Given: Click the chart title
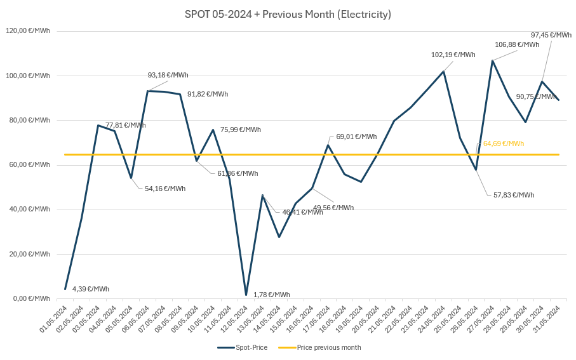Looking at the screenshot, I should [x=288, y=14].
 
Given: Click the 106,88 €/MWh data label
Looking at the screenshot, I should [x=517, y=45].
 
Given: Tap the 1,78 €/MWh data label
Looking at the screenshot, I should [x=271, y=295].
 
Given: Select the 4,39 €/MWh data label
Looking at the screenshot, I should [x=90, y=289].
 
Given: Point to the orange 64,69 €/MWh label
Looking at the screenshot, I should [x=504, y=143].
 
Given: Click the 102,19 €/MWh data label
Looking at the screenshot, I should [x=453, y=55].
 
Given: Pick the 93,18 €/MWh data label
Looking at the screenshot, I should [x=168, y=75].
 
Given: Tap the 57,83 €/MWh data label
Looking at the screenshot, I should [x=514, y=195].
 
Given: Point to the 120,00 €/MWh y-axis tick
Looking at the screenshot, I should [x=28, y=31].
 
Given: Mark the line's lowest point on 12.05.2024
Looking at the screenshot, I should [x=246, y=295].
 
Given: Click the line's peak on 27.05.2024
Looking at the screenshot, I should [x=492, y=60].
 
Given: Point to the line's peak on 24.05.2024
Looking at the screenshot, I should [x=443, y=71].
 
